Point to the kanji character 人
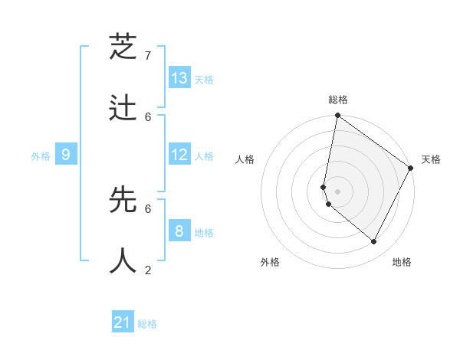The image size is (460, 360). coord(123,260)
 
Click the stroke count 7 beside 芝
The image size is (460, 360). coord(148,56)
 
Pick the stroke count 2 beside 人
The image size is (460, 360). coord(148,270)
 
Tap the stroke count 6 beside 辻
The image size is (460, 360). coord(148,116)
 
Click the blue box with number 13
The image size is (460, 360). coord(179,78)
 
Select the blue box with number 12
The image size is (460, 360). coord(179,155)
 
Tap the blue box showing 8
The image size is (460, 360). coord(179,231)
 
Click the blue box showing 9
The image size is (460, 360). coord(66,155)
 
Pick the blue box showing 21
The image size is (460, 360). coord(123,322)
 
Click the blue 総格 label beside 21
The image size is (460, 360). coord(147,324)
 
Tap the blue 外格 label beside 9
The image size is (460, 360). coord(41,156)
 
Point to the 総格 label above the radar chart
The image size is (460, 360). coord(338,100)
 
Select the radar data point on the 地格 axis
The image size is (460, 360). coord(374,242)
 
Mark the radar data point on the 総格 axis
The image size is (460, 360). coord(337,116)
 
